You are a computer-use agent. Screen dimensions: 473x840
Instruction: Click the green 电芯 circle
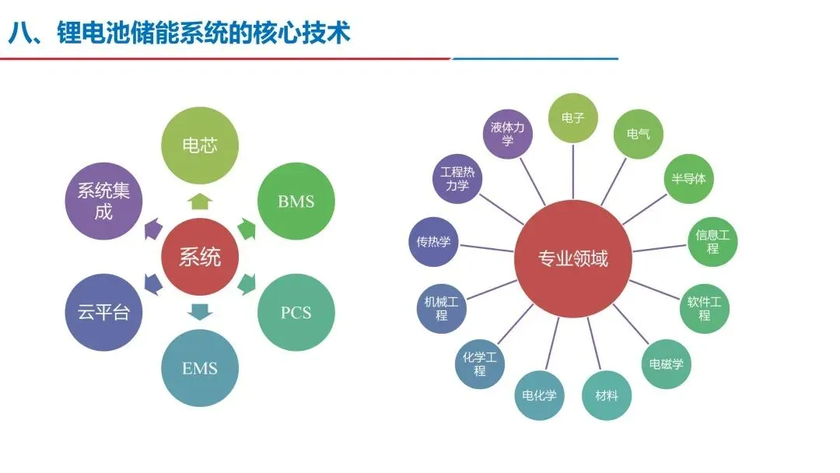200,145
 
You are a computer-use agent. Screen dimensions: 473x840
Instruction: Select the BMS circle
296,201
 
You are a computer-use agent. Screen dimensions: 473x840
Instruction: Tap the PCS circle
296,313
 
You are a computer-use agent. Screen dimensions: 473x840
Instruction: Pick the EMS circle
200,368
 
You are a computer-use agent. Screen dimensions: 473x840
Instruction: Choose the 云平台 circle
103,313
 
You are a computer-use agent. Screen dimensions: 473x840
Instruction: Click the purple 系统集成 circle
103,201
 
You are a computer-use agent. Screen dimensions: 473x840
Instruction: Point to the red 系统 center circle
200,258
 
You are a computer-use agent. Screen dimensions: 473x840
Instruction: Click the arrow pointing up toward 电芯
200,201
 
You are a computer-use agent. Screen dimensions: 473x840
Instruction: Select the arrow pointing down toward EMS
200,313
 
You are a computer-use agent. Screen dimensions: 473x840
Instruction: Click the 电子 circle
573,118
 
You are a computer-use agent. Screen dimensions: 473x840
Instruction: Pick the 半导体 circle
688,178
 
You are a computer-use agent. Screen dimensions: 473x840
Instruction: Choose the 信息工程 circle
712,241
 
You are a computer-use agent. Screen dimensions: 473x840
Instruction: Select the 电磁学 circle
666,363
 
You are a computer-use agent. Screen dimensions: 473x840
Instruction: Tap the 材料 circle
607,395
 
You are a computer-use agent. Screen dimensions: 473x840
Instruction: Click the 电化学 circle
540,395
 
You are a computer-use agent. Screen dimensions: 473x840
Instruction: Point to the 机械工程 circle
442,308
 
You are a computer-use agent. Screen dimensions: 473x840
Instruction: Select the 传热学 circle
434,241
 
